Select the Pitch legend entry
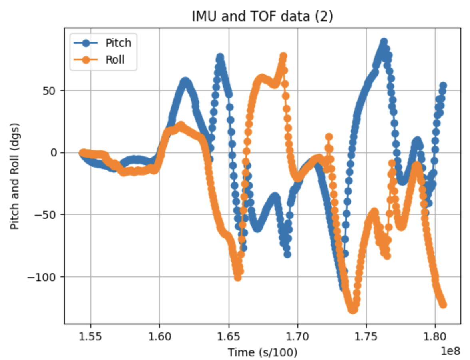[x=118, y=43]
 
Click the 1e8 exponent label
[x=450, y=351]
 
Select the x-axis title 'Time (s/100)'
[x=263, y=352]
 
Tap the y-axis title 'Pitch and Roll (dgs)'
[x=15, y=176]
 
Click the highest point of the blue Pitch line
[x=384, y=42]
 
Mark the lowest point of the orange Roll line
[x=352, y=310]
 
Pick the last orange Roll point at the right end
[x=443, y=305]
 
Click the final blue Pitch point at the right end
[x=443, y=86]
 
